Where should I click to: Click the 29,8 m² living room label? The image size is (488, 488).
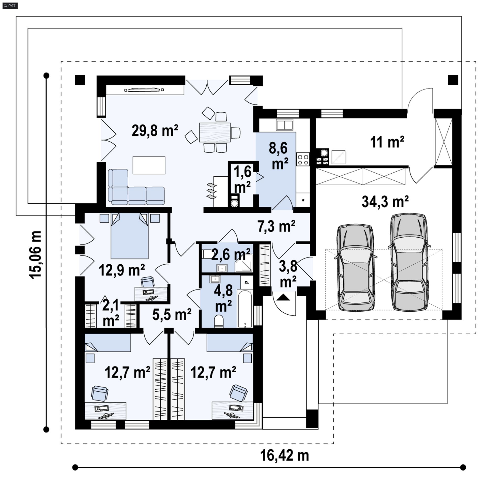tap(155, 131)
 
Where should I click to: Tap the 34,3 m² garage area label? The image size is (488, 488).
tap(385, 202)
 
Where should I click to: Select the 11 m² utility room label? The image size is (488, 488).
tap(387, 142)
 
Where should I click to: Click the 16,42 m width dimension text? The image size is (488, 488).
tap(284, 455)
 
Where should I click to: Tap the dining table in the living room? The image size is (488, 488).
tap(215, 132)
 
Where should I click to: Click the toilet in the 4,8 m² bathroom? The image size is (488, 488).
tap(218, 321)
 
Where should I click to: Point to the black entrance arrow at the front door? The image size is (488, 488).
tap(283, 297)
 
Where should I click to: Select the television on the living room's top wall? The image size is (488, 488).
tap(144, 89)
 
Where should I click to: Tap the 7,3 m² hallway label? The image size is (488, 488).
tap(277, 226)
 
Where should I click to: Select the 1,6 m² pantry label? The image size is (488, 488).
tap(242, 179)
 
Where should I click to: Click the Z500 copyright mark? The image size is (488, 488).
tap(10, 6)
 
